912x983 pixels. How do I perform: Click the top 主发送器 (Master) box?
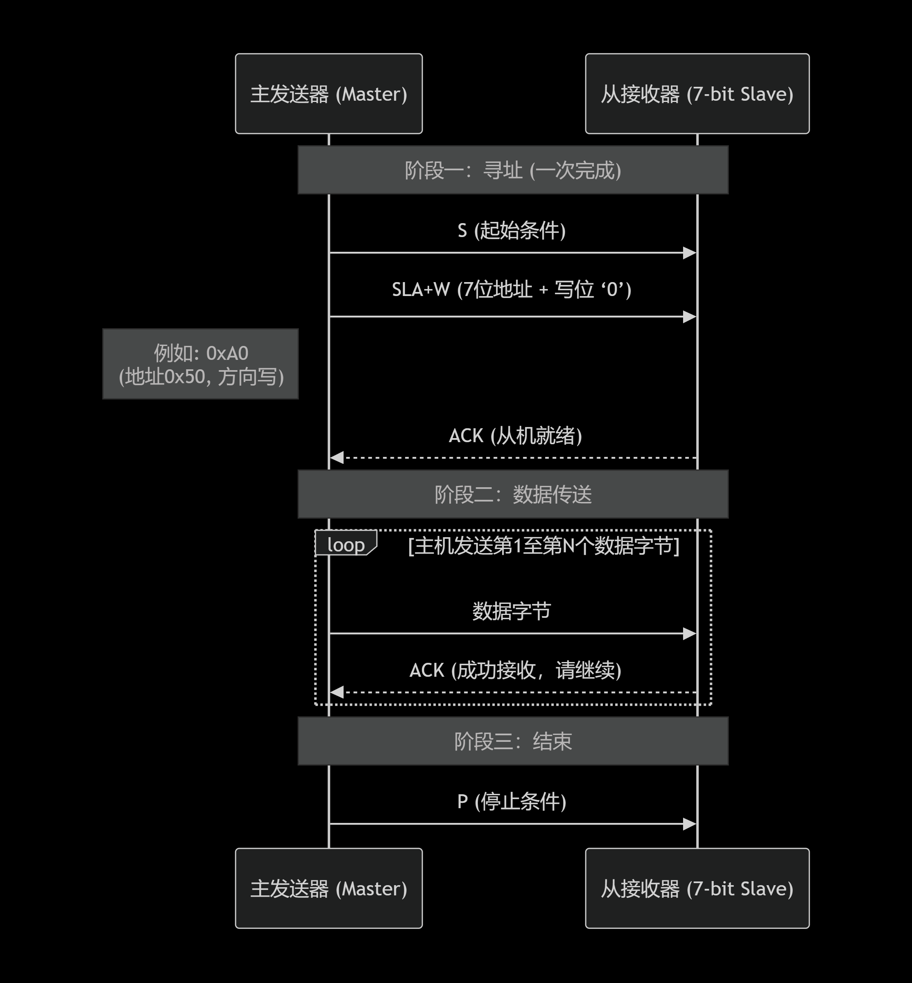click(329, 94)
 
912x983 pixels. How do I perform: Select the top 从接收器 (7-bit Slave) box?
click(697, 94)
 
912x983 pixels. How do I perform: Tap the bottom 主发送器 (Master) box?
click(329, 888)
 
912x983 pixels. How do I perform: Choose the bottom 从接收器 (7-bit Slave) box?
click(697, 888)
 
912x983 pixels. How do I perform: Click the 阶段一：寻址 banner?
click(513, 170)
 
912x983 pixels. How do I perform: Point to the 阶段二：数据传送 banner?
click(513, 494)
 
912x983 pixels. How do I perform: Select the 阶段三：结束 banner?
click(513, 741)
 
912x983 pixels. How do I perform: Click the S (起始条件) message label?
click(512, 230)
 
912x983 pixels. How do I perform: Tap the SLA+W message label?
click(512, 289)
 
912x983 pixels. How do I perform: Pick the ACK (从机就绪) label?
click(515, 436)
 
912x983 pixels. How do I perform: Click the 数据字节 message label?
click(512, 611)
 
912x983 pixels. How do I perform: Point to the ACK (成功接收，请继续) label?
click(515, 670)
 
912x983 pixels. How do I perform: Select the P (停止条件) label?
click(512, 801)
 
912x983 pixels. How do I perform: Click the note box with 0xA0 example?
click(200, 364)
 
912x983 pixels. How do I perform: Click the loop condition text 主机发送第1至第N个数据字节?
click(544, 546)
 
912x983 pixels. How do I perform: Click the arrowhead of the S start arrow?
click(690, 253)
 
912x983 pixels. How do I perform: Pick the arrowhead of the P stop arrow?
click(690, 824)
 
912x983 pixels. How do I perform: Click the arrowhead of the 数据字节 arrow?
click(690, 633)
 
